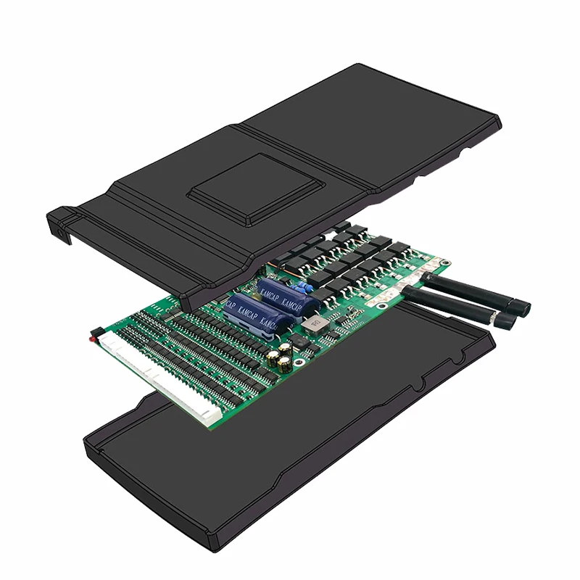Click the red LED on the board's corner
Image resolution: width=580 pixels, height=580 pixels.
click(x=91, y=337)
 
